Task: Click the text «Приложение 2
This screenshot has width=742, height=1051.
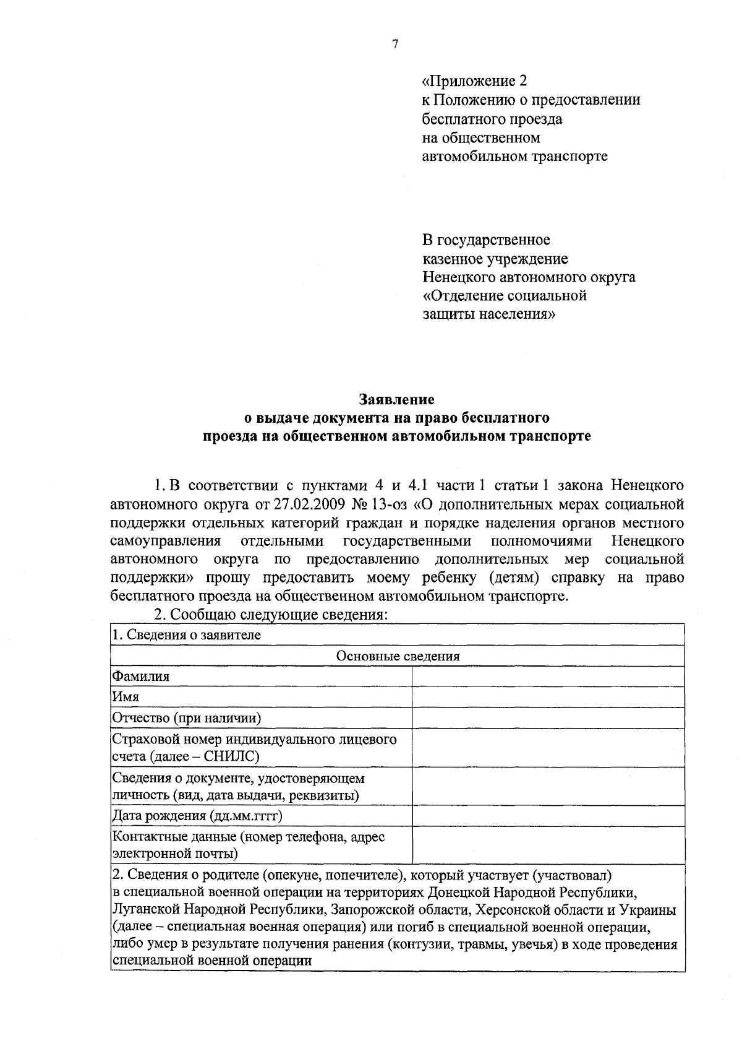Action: point(475,81)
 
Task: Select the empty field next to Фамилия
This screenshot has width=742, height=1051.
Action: point(548,677)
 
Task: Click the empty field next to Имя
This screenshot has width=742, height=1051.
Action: point(548,697)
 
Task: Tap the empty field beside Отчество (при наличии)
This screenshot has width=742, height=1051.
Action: point(548,718)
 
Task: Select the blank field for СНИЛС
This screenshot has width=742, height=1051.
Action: point(548,748)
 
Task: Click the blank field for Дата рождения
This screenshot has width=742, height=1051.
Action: point(548,816)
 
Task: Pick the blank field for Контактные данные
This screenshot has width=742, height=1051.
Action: point(548,846)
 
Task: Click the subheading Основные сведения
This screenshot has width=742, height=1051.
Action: point(398,656)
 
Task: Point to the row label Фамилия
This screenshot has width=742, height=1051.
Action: point(140,677)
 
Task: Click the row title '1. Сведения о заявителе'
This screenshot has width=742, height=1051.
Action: point(186,635)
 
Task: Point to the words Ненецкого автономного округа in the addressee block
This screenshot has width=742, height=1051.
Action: point(529,277)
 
